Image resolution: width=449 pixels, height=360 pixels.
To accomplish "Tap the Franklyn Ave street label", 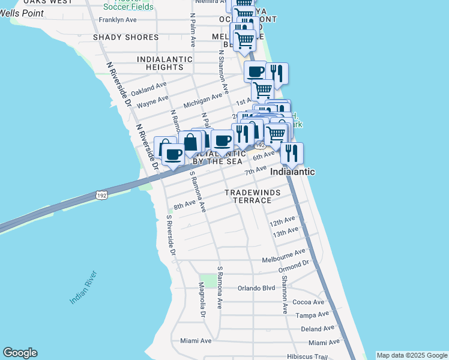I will pyautogui.click(x=118, y=20).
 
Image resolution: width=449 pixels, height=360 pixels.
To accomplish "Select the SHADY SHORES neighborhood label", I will pyautogui.click(x=126, y=37).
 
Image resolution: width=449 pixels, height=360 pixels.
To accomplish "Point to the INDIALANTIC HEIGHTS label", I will pyautogui.click(x=165, y=64).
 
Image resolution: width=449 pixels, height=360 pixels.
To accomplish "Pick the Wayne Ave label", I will pyautogui.click(x=152, y=103).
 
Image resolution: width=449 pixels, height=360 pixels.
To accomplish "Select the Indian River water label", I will pyautogui.click(x=83, y=287).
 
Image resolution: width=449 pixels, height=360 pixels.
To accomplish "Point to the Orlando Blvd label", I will pyautogui.click(x=256, y=287).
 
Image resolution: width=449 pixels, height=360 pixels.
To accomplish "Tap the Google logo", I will pyautogui.click(x=20, y=353).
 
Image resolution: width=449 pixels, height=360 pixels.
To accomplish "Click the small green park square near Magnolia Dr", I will pyautogui.click(x=208, y=280).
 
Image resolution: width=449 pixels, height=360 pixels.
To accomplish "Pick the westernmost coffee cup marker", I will pyautogui.click(x=174, y=154).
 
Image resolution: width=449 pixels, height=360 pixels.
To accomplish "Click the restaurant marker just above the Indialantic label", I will pyautogui.click(x=291, y=153).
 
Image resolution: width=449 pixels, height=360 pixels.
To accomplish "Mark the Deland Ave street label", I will pyautogui.click(x=318, y=328).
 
